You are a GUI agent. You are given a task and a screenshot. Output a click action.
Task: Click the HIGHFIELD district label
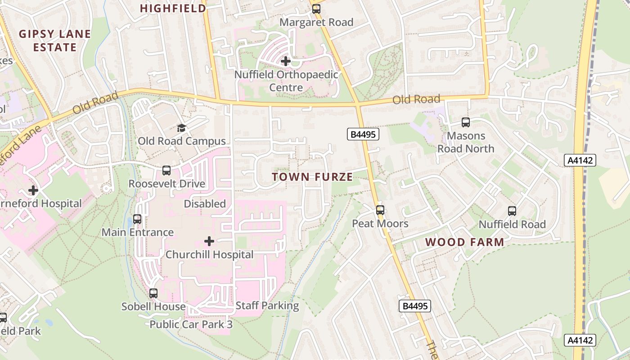[x=173, y=8]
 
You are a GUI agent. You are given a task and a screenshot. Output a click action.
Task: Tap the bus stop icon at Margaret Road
[x=316, y=9]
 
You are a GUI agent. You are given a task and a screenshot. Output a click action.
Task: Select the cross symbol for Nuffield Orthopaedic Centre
[x=286, y=61]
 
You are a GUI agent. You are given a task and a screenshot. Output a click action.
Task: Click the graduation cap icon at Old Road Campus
[x=181, y=128]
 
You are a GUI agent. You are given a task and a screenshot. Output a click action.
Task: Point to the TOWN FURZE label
[x=312, y=177]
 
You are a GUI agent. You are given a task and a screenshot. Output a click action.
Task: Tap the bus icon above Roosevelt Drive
[x=166, y=171]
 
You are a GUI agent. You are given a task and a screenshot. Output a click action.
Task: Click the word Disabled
[x=205, y=204]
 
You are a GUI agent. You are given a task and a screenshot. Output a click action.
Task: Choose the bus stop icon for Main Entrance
[x=137, y=219]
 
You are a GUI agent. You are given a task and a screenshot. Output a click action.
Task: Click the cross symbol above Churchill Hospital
[x=209, y=241]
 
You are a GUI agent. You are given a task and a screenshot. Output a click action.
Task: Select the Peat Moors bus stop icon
[x=380, y=210]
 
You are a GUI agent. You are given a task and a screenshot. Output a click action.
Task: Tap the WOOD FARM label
[x=464, y=242]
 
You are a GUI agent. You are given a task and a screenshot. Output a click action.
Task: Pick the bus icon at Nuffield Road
[x=512, y=211]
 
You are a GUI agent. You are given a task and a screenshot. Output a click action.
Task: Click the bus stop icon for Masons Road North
[x=466, y=122]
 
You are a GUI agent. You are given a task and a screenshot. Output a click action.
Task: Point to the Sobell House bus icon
[x=153, y=293]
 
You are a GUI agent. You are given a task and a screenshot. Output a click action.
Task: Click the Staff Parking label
[x=267, y=306]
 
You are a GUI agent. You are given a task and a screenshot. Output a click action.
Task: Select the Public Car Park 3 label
[x=191, y=324]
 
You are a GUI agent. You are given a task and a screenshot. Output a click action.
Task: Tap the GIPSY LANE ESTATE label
[x=55, y=40]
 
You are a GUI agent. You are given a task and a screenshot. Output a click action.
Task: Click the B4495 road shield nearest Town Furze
[x=363, y=134]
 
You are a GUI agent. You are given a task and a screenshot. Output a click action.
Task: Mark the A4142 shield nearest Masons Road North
[x=580, y=160]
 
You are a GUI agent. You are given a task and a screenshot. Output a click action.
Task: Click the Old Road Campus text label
[x=181, y=141]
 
